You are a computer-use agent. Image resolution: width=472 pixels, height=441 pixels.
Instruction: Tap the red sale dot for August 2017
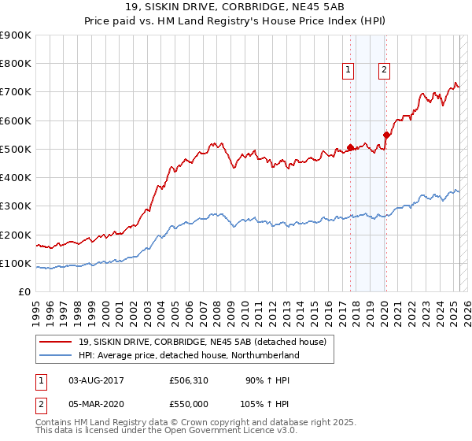(350, 147)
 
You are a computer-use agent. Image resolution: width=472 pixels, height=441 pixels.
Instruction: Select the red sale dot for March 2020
(386, 135)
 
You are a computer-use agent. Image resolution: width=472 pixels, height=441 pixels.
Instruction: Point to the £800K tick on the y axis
(17, 64)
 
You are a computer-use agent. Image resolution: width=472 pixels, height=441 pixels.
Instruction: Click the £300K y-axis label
(17, 206)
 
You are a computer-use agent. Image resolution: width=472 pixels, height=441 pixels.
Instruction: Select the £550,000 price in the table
(189, 403)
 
